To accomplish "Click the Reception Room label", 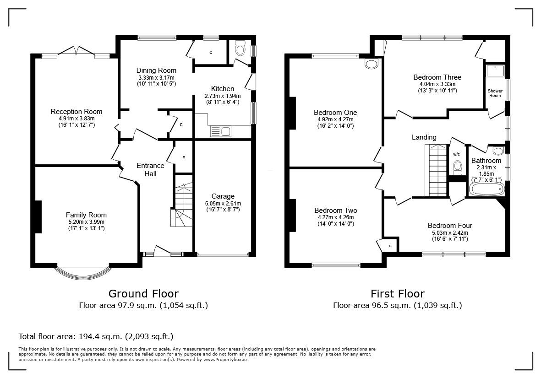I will [x=77, y=112].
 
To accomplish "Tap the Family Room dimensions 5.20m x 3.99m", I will [x=86, y=222].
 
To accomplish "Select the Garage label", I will [x=223, y=196].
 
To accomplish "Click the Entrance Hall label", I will [x=150, y=169].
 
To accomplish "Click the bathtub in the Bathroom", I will [x=486, y=189].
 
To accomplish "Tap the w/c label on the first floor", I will [x=456, y=154].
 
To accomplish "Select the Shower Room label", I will [x=495, y=93].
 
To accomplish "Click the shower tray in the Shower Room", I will [x=495, y=71].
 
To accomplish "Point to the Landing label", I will [x=424, y=137].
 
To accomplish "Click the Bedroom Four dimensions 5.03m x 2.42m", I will [x=449, y=233].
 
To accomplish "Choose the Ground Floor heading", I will [x=143, y=293].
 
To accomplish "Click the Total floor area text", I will [x=96, y=336].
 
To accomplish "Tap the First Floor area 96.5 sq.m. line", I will [x=397, y=305].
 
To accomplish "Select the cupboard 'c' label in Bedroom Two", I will [x=390, y=246].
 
